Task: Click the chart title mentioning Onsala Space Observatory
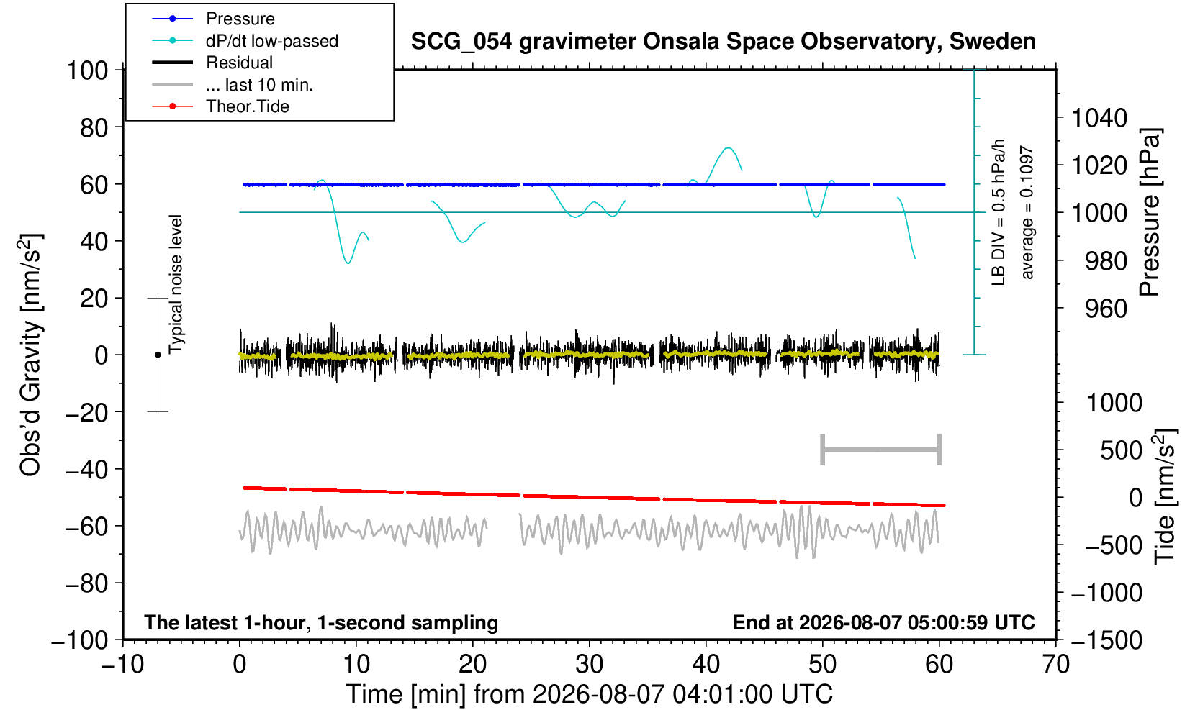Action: pos(723,42)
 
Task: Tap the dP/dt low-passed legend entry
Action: pos(245,41)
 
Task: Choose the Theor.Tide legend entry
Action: pos(220,106)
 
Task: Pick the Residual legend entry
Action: pos(212,63)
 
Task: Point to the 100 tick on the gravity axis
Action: pos(87,70)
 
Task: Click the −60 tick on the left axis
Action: pos(86,527)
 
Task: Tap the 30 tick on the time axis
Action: pos(589,664)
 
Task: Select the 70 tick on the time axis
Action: pos(1055,664)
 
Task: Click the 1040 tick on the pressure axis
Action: pos(1099,118)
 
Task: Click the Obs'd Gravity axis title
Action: pos(30,355)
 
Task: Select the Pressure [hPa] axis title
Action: pos(1150,212)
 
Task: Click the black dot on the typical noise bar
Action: pos(158,355)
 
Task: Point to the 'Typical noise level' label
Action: pos(176,285)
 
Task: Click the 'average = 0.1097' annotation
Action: pos(1027,212)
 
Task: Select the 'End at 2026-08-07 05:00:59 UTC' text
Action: pos(883,622)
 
